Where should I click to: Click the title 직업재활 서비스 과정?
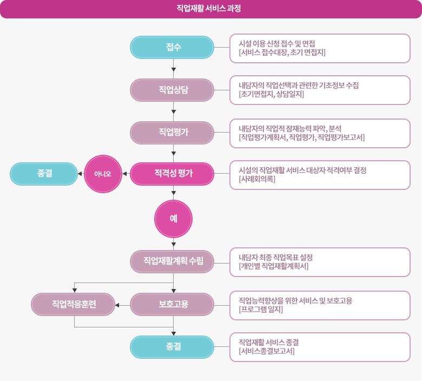(210, 9)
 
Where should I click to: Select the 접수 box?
(172, 47)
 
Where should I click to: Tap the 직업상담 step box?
(172, 90)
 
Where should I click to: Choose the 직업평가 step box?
(172, 132)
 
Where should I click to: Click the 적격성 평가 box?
(172, 174)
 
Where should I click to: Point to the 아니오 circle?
(103, 174)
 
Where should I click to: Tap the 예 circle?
(173, 219)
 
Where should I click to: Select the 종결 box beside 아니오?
(44, 174)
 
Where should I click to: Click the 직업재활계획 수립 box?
(172, 261)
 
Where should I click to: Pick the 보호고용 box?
(172, 304)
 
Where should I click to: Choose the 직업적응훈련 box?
(73, 304)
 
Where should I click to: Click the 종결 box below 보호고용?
(172, 347)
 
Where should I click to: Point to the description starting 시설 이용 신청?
(276, 43)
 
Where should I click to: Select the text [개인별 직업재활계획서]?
(273, 266)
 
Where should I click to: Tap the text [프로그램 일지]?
(261, 310)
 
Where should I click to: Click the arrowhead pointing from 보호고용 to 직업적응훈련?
(117, 305)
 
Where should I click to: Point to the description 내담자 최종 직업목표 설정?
(275, 257)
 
